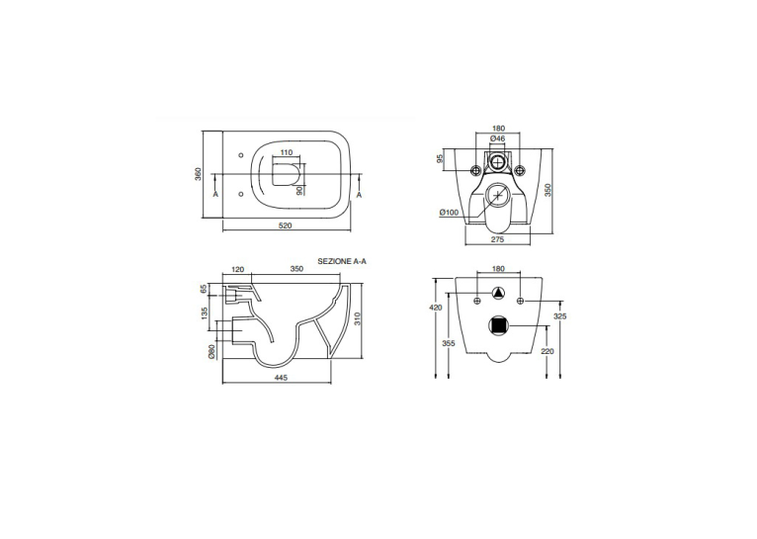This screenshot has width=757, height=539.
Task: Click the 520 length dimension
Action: pyautogui.click(x=286, y=225)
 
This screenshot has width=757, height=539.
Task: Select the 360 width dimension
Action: pyautogui.click(x=198, y=174)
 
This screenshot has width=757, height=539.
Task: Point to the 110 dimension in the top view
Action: pyautogui.click(x=287, y=152)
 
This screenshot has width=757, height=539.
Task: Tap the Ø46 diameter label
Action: pyautogui.click(x=497, y=138)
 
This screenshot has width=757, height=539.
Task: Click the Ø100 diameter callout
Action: pyautogui.click(x=449, y=212)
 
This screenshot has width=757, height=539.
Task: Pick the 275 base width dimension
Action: pyautogui.click(x=497, y=239)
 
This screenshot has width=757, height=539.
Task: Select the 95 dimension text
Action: pyautogui.click(x=440, y=158)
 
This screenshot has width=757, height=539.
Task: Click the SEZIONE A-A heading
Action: pyautogui.click(x=342, y=261)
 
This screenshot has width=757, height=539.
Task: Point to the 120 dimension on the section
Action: pyautogui.click(x=238, y=269)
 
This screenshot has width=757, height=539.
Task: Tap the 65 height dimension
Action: pyautogui.click(x=204, y=289)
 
